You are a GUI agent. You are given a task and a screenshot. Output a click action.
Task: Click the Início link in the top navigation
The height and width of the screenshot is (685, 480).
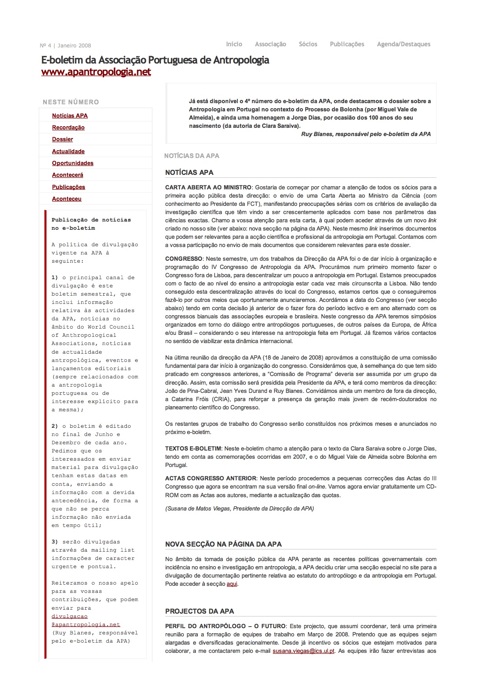(234, 44)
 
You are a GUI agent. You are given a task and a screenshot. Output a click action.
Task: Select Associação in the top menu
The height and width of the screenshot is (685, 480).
(270, 44)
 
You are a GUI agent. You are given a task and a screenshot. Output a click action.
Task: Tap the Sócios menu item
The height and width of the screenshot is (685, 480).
(308, 44)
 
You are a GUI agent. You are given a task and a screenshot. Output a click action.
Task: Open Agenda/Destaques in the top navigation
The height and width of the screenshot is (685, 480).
(403, 44)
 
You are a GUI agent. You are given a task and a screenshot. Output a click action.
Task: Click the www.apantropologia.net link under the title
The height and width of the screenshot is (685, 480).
(96, 72)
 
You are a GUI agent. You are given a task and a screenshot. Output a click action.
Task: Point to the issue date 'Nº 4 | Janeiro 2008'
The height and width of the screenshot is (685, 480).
(65, 45)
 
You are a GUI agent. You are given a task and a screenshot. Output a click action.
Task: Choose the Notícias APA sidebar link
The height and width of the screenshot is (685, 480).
(70, 116)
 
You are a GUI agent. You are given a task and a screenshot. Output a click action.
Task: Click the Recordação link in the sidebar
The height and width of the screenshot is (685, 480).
(68, 127)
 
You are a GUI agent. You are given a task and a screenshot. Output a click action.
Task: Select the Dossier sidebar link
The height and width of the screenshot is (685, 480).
(62, 139)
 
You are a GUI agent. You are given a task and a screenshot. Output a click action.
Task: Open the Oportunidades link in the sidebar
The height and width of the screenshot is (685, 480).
(73, 163)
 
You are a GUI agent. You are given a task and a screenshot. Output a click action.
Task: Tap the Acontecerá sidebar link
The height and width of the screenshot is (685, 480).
(68, 175)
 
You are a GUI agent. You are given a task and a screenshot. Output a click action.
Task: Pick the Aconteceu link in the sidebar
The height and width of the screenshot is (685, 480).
(67, 199)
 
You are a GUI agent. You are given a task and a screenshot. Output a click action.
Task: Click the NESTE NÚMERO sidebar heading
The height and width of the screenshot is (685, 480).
(71, 102)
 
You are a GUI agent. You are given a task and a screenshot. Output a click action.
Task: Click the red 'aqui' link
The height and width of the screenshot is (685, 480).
(232, 584)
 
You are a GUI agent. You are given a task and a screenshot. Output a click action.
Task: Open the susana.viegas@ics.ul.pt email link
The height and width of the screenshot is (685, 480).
(303, 651)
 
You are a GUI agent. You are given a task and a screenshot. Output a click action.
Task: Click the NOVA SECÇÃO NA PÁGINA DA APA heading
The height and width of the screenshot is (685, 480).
(223, 544)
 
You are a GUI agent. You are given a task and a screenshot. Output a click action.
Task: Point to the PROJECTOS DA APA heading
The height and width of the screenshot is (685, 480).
(199, 611)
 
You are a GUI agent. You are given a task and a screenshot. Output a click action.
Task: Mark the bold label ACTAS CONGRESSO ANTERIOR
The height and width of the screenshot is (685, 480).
(211, 478)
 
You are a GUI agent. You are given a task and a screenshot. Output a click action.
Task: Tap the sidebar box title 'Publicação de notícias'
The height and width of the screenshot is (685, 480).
(91, 220)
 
